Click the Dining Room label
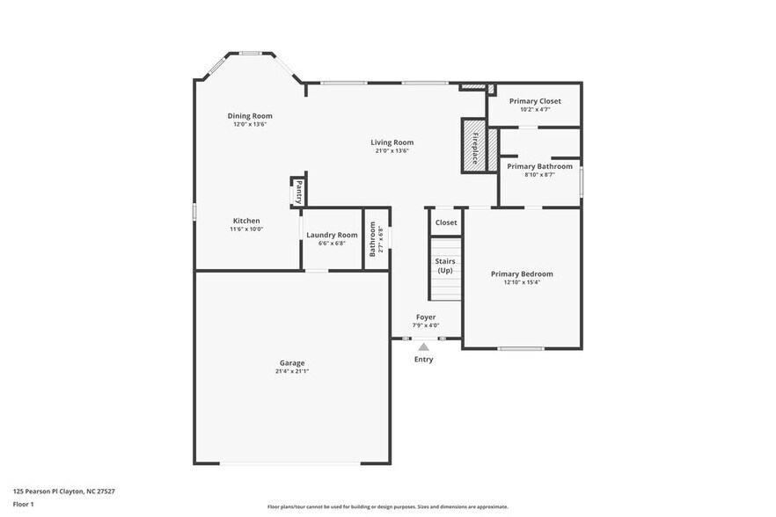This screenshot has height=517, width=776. (250, 116)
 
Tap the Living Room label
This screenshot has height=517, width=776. (392, 142)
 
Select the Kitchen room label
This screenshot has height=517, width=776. (246, 221)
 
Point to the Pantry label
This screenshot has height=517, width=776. (299, 191)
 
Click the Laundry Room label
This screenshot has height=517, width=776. (332, 235)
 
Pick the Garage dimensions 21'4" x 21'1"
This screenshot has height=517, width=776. (292, 371)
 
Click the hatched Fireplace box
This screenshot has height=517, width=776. (474, 145)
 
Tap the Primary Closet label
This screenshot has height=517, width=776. (535, 101)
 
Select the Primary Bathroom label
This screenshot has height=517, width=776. (539, 166)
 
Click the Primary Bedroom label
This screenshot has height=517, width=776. (522, 274)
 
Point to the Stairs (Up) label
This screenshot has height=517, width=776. (445, 266)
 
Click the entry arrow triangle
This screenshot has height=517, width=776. (423, 347)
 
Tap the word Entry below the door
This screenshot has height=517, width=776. (423, 359)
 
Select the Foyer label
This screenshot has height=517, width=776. (426, 317)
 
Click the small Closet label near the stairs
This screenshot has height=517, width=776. (446, 222)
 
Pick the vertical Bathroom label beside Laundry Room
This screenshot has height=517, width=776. (373, 238)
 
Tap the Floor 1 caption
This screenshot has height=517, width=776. (23, 505)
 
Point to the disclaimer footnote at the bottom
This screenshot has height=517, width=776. (387, 506)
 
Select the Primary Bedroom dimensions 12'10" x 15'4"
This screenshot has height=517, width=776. (522, 282)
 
